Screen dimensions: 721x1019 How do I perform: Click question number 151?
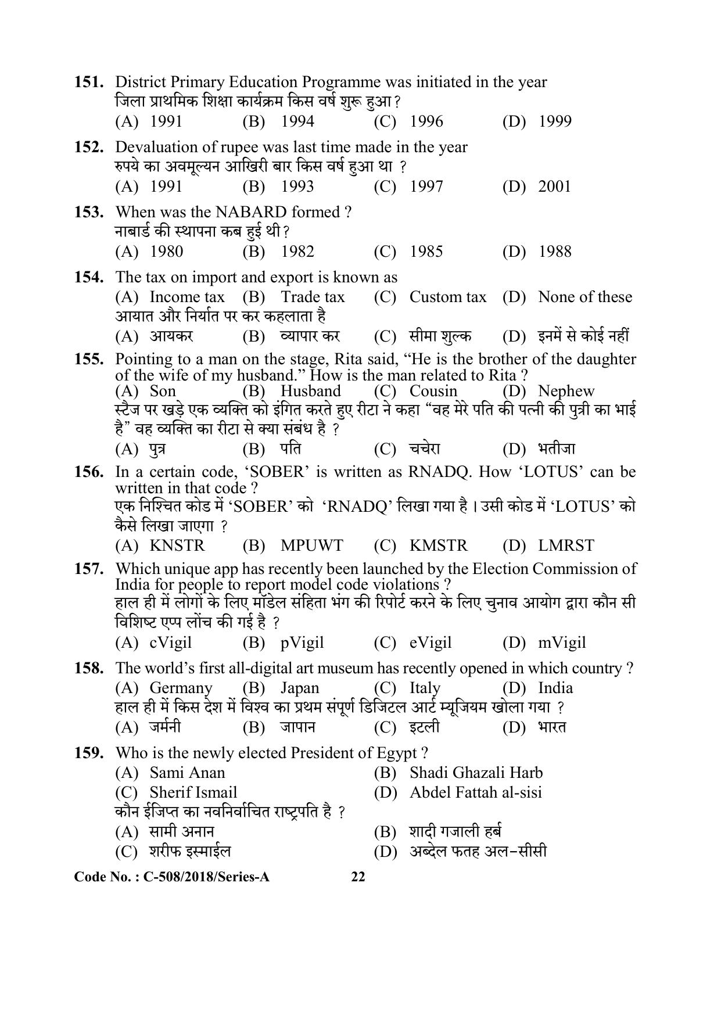click(x=89, y=82)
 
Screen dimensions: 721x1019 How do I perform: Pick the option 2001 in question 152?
click(x=554, y=186)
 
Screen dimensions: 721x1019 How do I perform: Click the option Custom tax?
click(x=447, y=297)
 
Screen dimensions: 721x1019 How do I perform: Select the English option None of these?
click(x=584, y=297)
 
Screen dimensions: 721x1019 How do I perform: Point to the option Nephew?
click(x=566, y=391)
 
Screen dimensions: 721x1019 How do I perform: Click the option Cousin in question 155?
click(x=433, y=391)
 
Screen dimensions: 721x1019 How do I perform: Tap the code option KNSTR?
click(x=177, y=546)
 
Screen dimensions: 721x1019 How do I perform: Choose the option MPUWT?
click(x=311, y=546)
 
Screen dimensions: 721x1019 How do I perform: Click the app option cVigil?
click(x=170, y=643)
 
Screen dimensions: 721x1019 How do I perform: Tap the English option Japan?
click(x=300, y=688)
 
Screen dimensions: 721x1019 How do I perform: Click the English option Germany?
click(x=181, y=688)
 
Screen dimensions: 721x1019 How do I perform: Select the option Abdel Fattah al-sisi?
click(x=475, y=792)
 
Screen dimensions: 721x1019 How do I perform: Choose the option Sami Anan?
click(x=187, y=773)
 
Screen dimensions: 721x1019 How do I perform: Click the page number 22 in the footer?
click(x=358, y=877)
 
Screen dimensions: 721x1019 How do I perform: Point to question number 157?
click(x=89, y=569)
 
